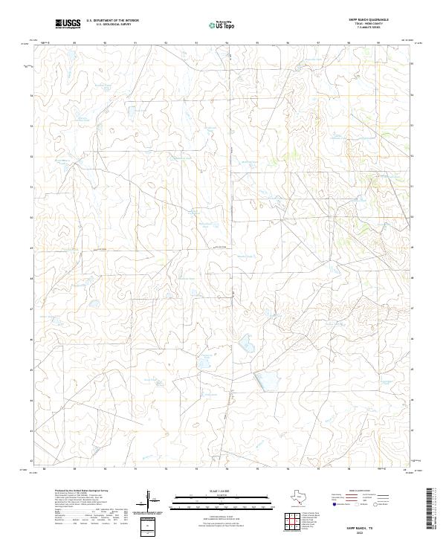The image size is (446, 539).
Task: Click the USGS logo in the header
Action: point(68,25)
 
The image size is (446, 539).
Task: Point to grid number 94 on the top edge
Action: point(227,43)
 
